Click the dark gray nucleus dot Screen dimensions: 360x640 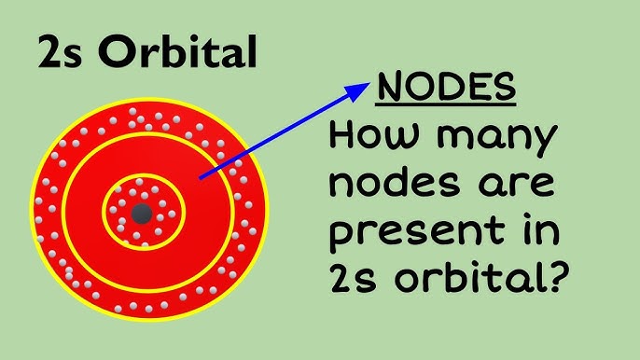pyautogui.click(x=142, y=214)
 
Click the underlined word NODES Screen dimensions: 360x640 pyautogui.click(x=446, y=89)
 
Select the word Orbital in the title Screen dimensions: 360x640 pyautogui.click(x=175, y=54)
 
